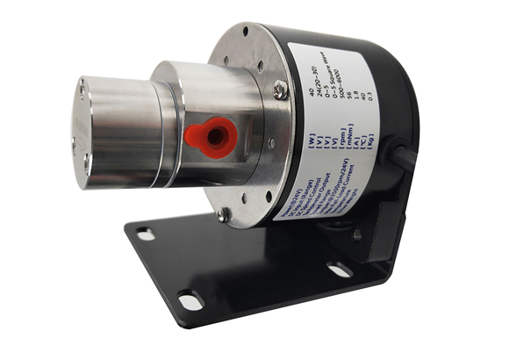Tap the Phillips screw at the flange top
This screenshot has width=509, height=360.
tap(279, 88)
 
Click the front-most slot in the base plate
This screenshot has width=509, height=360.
tap(189, 299)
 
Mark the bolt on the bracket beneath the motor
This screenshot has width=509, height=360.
tap(355, 234)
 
